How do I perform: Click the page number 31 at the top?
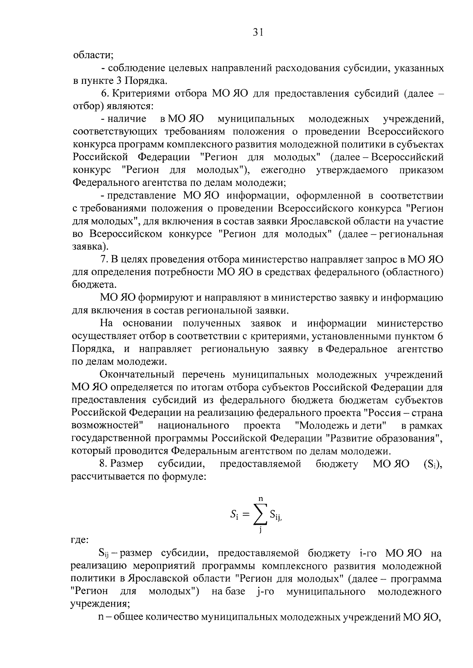(258, 33)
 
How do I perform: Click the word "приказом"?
(421, 170)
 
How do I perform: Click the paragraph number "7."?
(104, 260)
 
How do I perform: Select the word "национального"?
(193, 426)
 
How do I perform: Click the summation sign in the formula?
(261, 515)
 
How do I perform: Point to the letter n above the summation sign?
(261, 499)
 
